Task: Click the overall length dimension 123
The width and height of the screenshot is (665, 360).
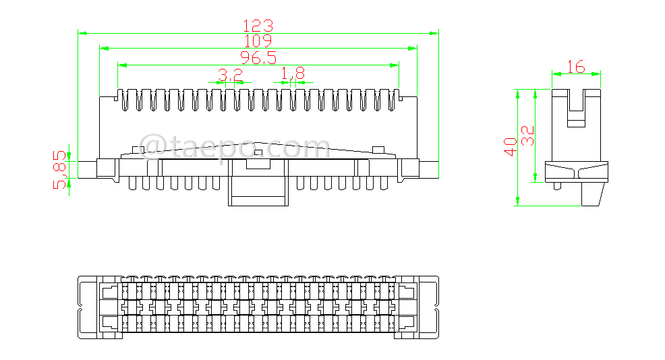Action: point(258,26)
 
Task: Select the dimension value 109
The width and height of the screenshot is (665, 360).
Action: point(258,42)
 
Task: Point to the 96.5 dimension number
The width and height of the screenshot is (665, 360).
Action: point(258,59)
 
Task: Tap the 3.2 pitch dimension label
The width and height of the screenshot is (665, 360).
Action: point(230,74)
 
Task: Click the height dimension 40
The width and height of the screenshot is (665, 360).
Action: point(511,146)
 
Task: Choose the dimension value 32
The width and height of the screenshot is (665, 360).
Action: point(529,136)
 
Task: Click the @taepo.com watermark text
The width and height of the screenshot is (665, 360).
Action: point(233,146)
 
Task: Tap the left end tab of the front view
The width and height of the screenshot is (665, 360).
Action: point(88,169)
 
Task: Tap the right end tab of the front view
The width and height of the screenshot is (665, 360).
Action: point(430,169)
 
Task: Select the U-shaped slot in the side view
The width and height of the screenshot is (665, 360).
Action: point(576,108)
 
